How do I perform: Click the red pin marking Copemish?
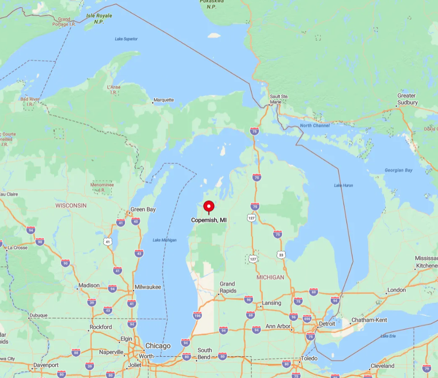209,207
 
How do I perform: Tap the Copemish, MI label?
209,220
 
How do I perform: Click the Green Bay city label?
143,209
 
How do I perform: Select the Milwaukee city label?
148,287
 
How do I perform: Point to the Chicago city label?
157,346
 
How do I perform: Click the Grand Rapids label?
227,287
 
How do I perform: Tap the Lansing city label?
271,303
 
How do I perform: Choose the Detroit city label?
327,324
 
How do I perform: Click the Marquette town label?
163,100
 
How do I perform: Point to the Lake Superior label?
126,39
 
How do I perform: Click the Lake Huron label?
344,185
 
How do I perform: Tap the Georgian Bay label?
399,170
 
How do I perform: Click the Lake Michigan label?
164,240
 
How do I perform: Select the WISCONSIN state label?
71,205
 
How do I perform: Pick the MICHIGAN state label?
270,277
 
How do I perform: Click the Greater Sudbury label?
407,99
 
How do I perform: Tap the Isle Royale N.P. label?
99,19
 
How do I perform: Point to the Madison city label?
89,285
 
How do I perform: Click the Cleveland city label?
382,366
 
